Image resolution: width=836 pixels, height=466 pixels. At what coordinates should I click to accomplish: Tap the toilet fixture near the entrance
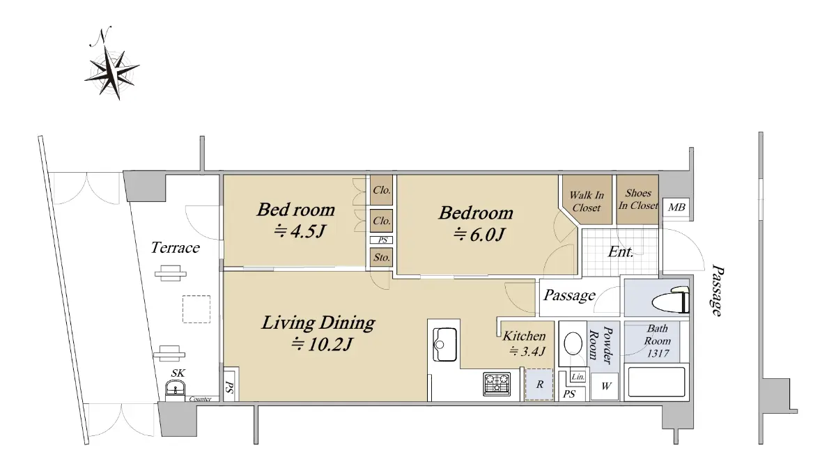tap(670, 300)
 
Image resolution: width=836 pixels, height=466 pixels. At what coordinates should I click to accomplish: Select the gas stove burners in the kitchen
tap(497, 384)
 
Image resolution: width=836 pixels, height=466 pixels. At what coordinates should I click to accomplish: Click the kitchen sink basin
tap(444, 344)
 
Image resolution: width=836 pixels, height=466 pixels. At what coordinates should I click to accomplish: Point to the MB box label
tap(676, 207)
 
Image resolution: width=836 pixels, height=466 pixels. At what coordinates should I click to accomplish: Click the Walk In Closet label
tap(587, 201)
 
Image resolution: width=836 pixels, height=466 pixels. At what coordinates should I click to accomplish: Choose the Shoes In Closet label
tap(638, 199)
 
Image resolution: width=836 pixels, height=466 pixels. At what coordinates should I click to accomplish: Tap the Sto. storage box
tap(382, 258)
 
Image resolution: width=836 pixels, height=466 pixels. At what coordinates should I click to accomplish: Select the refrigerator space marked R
tap(539, 385)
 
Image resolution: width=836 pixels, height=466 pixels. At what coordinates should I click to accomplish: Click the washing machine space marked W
tap(605, 386)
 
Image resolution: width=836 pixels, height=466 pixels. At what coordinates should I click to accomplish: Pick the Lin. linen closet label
tap(578, 377)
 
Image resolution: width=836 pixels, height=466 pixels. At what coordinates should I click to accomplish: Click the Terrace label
tap(175, 248)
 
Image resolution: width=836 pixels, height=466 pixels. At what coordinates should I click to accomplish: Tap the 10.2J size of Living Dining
tap(322, 344)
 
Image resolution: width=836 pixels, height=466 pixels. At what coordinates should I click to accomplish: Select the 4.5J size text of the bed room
tap(300, 232)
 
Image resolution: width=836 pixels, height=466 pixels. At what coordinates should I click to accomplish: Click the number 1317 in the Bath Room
tap(658, 353)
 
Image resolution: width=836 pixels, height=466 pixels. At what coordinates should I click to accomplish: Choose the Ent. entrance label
tap(621, 252)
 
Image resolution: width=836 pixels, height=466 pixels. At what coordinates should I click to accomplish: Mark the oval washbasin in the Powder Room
tap(573, 343)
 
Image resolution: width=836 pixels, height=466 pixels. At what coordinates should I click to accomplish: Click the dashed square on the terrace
tap(196, 309)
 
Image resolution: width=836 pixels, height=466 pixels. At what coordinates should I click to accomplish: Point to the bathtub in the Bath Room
tap(657, 382)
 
